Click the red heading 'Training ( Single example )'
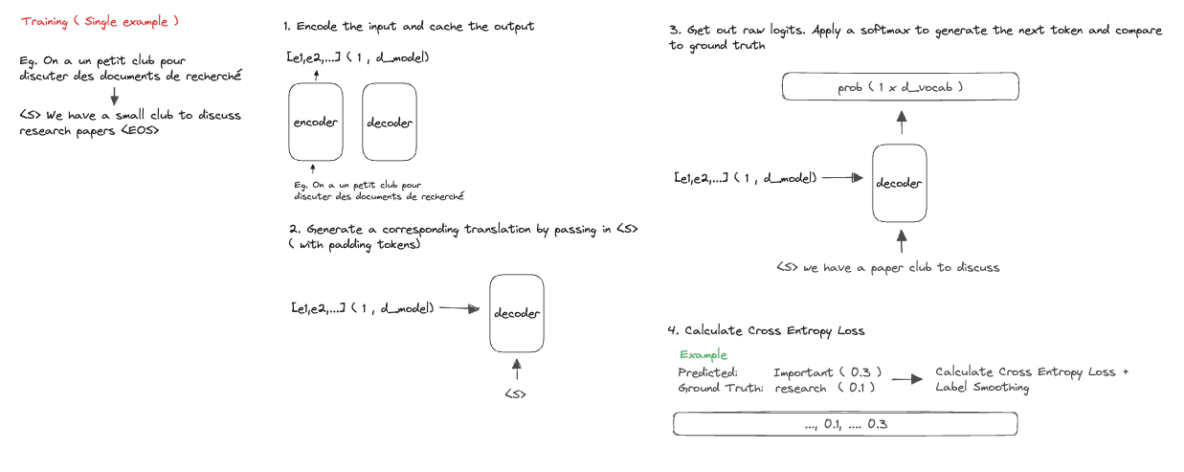point(100,20)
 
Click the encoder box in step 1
point(315,122)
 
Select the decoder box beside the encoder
point(389,122)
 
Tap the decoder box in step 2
point(517,312)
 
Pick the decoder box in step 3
point(900,182)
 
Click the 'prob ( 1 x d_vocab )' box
point(900,87)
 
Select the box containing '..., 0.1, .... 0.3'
point(844,423)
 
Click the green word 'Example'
point(704,355)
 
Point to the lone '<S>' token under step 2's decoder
point(517,393)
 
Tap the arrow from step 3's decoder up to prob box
point(900,122)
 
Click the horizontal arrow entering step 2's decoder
point(461,308)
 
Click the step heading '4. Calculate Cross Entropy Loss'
point(765,330)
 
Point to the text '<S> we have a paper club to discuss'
point(887,267)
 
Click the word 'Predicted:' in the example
point(706,371)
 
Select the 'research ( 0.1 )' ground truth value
point(826,388)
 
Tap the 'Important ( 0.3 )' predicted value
point(827,371)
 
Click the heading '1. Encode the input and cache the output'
point(409,26)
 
